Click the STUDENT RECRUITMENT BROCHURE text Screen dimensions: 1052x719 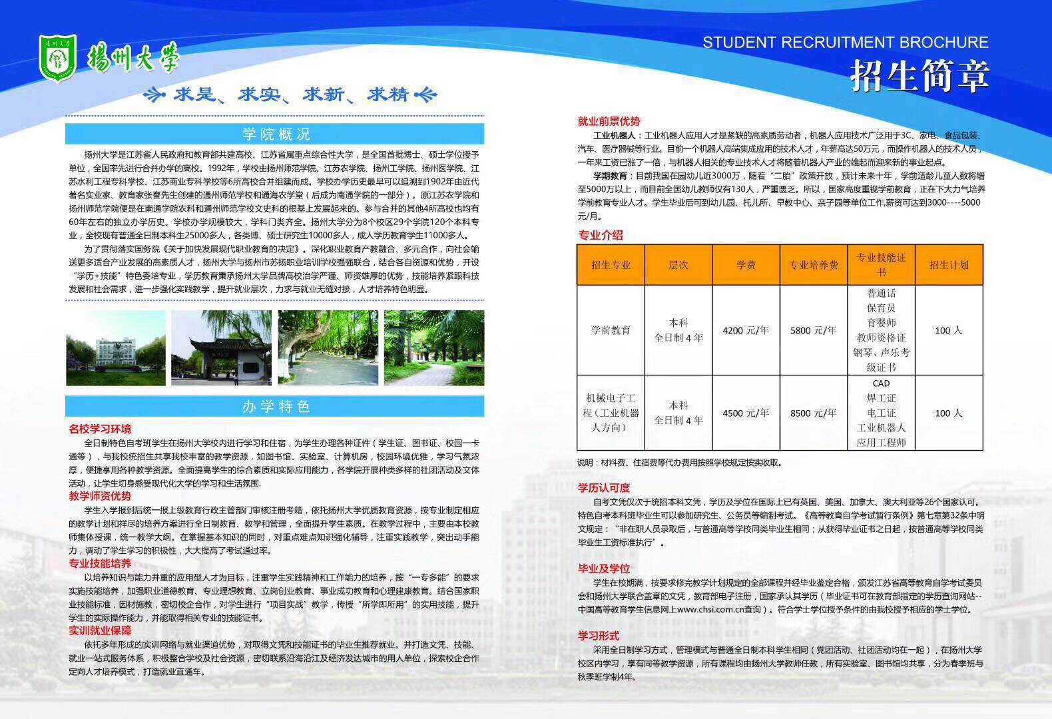pyautogui.click(x=845, y=43)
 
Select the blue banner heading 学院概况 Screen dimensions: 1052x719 pyautogui.click(x=276, y=134)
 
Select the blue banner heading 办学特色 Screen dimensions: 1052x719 pyautogui.click(x=276, y=406)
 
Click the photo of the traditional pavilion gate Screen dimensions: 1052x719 pyautogui.click(x=221, y=348)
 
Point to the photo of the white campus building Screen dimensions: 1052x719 pyautogui.click(x=116, y=348)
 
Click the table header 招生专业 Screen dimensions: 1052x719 pyautogui.click(x=611, y=265)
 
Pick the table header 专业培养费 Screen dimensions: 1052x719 pyautogui.click(x=813, y=265)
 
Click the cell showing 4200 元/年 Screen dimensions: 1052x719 pyautogui.click(x=745, y=330)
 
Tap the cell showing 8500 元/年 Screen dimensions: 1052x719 pyautogui.click(x=813, y=413)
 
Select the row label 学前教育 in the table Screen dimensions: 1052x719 pyautogui.click(x=611, y=330)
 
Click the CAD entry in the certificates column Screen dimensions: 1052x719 pyautogui.click(x=881, y=383)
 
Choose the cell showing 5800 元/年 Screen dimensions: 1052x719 pyautogui.click(x=813, y=330)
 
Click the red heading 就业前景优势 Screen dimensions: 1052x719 pyautogui.click(x=609, y=121)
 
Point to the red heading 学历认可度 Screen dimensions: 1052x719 pyautogui.click(x=603, y=488)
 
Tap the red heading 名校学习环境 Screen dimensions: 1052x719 pyautogui.click(x=100, y=429)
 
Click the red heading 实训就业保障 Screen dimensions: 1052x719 pyautogui.click(x=100, y=630)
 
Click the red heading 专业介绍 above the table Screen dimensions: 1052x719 pyautogui.click(x=601, y=235)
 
